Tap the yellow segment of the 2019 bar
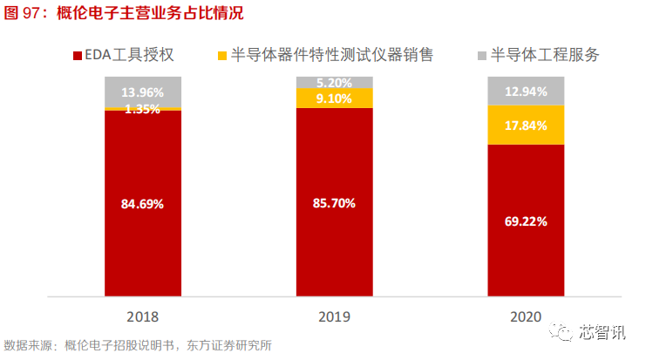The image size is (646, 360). point(334,98)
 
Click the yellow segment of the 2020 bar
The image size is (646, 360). point(526,125)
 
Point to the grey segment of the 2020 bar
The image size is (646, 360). point(526,90)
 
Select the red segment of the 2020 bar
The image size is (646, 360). point(526,253)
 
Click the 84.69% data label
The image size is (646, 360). point(143,204)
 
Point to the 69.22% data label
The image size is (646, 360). point(526,221)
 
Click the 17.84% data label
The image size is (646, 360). point(526,126)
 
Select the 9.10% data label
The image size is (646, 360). point(335,98)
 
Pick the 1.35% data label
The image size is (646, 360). point(143,109)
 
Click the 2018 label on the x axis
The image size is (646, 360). point(143,316)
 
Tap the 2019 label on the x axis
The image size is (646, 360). point(334,316)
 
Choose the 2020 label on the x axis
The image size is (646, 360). point(526,316)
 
